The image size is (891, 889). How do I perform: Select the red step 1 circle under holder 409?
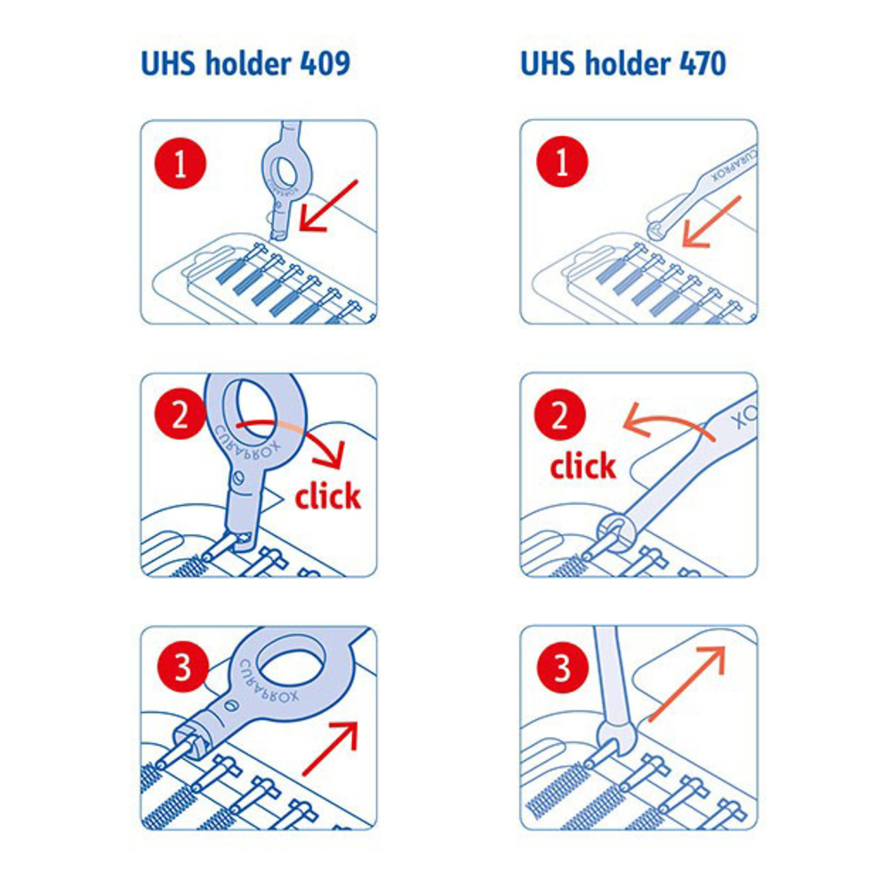point(181,163)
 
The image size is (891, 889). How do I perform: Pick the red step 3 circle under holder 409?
point(182,667)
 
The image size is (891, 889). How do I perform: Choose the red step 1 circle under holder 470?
point(561,162)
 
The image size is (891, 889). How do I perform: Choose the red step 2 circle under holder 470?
point(559,414)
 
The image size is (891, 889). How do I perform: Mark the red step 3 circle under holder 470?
point(562,668)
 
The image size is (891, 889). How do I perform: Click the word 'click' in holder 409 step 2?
point(328,495)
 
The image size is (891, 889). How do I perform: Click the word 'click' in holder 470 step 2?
point(583,466)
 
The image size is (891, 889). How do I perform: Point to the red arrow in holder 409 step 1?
point(328,205)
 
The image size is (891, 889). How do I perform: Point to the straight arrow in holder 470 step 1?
point(711,221)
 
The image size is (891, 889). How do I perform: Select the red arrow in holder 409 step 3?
point(330,749)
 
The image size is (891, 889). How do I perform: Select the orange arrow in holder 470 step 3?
point(686,685)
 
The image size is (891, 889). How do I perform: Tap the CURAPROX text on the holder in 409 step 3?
point(269,682)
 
